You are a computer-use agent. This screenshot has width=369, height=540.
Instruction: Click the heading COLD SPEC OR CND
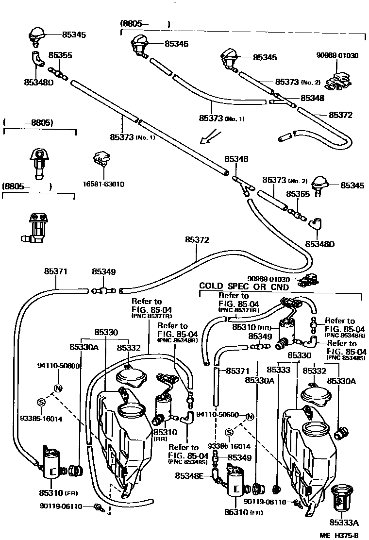click(244, 287)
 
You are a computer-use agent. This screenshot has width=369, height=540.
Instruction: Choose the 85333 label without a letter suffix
click(278, 370)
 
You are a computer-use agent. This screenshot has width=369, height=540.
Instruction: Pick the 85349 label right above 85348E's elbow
click(239, 457)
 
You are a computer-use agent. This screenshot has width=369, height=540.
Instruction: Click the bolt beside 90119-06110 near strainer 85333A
click(296, 501)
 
